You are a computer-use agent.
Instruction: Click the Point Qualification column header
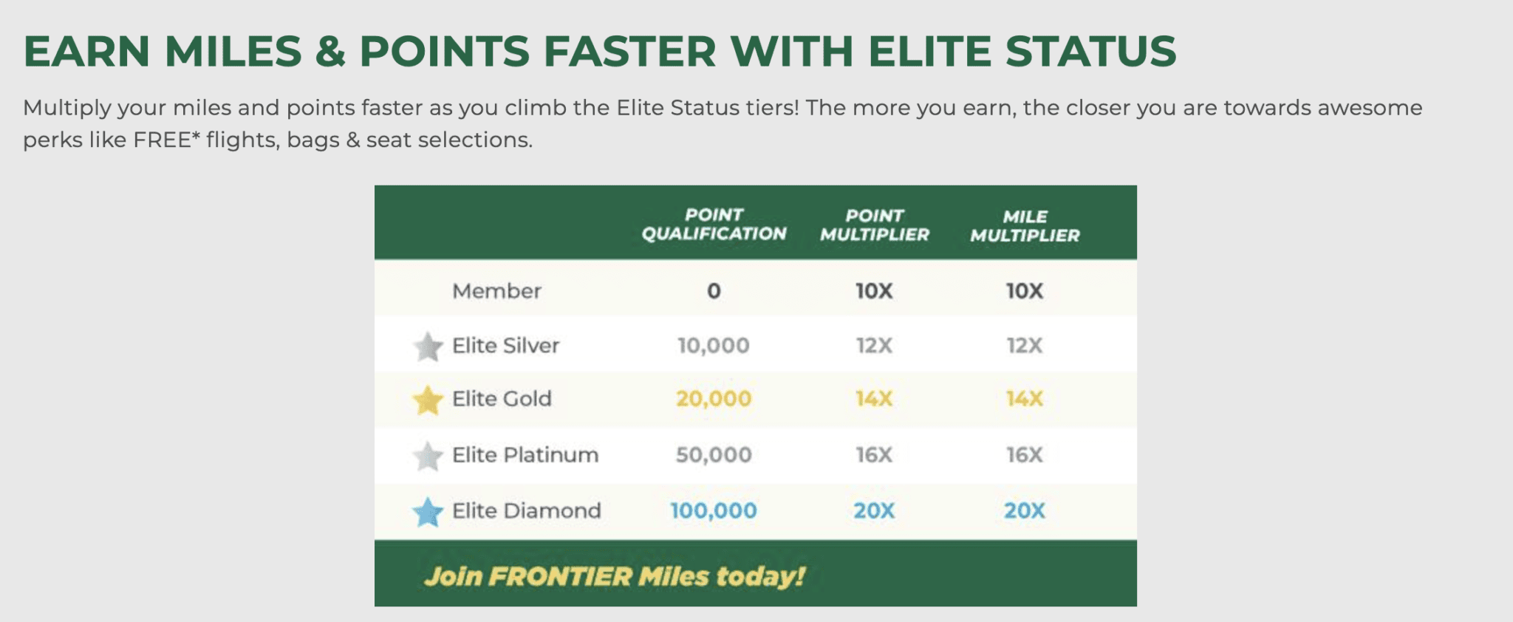point(714,225)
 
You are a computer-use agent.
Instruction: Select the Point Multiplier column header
point(874,225)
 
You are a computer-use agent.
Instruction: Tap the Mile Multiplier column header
point(1025,226)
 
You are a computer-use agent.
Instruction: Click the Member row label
point(496,291)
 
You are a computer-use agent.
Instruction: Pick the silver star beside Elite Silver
point(428,346)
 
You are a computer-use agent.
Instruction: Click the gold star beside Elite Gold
point(428,400)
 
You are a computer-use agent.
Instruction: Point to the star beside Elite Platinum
point(428,457)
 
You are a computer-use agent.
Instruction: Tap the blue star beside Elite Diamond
point(428,512)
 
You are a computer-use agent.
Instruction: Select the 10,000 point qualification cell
point(714,346)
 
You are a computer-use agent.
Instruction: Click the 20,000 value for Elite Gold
point(714,399)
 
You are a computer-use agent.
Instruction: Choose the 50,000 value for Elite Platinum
point(714,455)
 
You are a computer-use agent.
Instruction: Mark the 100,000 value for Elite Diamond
point(714,510)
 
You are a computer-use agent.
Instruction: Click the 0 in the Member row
point(714,291)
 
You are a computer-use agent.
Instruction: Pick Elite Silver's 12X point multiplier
point(874,346)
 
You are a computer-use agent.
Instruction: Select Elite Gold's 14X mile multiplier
point(1025,399)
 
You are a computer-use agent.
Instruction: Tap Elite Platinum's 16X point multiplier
point(874,455)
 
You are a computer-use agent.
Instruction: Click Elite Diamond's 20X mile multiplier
point(1025,510)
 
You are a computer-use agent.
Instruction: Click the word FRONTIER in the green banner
point(561,577)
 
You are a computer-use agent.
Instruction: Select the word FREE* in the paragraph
point(167,140)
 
